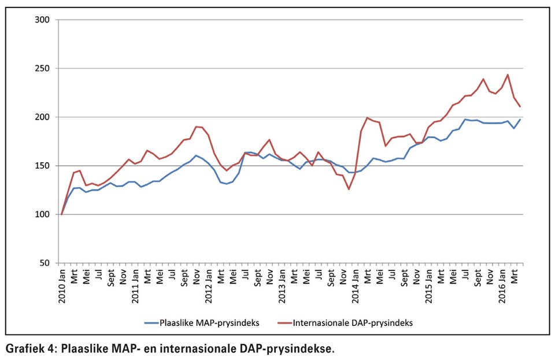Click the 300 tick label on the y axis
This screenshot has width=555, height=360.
click(42, 20)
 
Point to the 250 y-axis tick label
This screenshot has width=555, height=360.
click(42, 68)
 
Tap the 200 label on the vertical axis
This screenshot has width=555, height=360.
click(42, 117)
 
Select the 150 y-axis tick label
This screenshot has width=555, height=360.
click(42, 166)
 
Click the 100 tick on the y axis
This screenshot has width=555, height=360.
click(42, 214)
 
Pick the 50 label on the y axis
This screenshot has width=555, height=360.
click(45, 263)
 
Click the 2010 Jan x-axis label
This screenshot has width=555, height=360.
click(62, 286)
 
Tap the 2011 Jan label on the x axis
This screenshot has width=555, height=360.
click(135, 286)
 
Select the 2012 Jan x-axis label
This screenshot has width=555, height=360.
click(209, 286)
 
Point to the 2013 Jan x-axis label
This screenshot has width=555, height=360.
click(282, 286)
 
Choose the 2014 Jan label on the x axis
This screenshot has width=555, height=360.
click(356, 286)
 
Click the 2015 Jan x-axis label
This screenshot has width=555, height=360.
click(428, 286)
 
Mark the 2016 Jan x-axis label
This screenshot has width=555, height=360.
click(502, 286)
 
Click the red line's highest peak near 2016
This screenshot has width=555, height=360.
click(508, 75)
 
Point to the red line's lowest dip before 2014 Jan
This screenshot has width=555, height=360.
click(349, 189)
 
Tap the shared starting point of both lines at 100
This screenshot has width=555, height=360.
click(62, 214)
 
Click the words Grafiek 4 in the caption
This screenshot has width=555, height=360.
click(29, 349)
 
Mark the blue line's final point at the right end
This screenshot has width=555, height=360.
click(520, 120)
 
